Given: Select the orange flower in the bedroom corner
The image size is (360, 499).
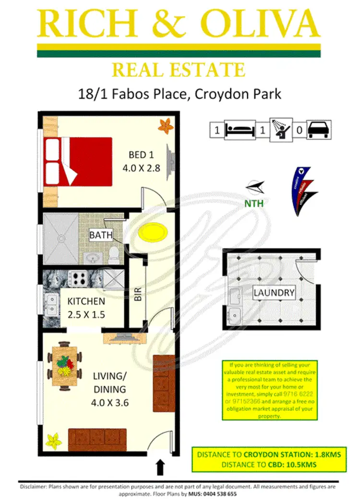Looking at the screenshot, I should [x=165, y=125].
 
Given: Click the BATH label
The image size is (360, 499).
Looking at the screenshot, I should [x=101, y=235].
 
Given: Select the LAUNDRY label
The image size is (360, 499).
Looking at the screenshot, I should [x=274, y=292].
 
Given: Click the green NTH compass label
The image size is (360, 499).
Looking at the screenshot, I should [x=254, y=203].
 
